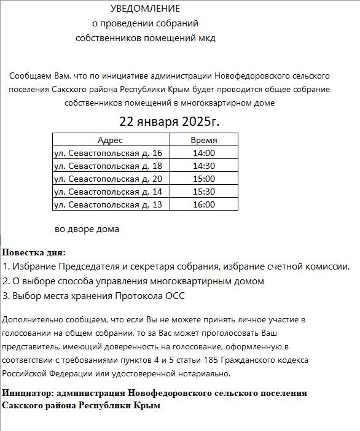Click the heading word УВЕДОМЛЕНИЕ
146,9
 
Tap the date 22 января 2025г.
169,121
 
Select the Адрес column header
110,140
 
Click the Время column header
203,140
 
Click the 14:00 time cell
203,153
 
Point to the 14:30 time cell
203,166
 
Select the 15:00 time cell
203,179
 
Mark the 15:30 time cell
203,192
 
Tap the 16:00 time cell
203,204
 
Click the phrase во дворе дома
87,229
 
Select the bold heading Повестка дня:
34,252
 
